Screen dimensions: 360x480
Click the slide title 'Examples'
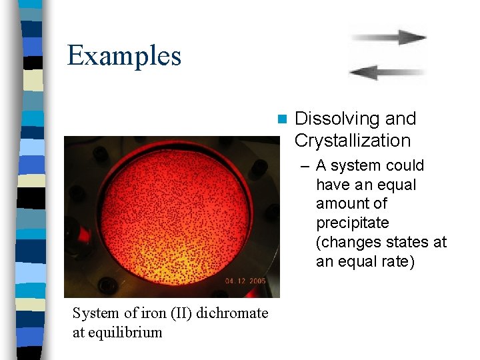click(124, 55)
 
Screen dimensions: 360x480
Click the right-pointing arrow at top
click(389, 37)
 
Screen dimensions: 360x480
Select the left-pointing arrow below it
click(387, 72)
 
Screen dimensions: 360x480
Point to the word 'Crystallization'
click(352, 141)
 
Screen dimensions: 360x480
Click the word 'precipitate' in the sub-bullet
click(352, 223)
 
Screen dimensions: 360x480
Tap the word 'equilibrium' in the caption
click(126, 332)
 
